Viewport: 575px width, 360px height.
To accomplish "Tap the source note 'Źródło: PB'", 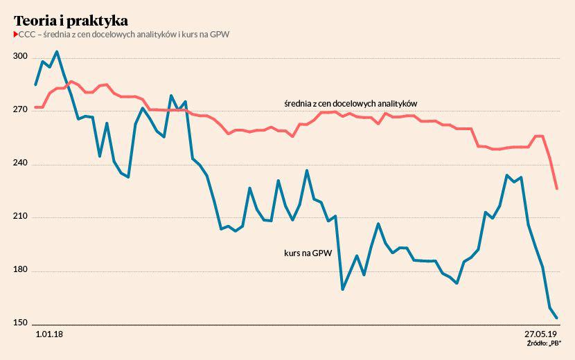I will [x=543, y=343].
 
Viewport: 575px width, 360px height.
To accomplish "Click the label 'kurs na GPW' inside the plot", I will [x=307, y=253].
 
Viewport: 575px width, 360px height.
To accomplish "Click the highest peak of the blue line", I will [x=57, y=51].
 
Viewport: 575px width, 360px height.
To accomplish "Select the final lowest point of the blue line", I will [x=556, y=318].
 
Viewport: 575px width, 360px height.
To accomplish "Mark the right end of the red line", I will [x=556, y=188].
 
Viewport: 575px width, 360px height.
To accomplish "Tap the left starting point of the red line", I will [x=35, y=107].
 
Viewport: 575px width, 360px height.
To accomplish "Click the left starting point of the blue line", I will [x=35, y=84].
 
